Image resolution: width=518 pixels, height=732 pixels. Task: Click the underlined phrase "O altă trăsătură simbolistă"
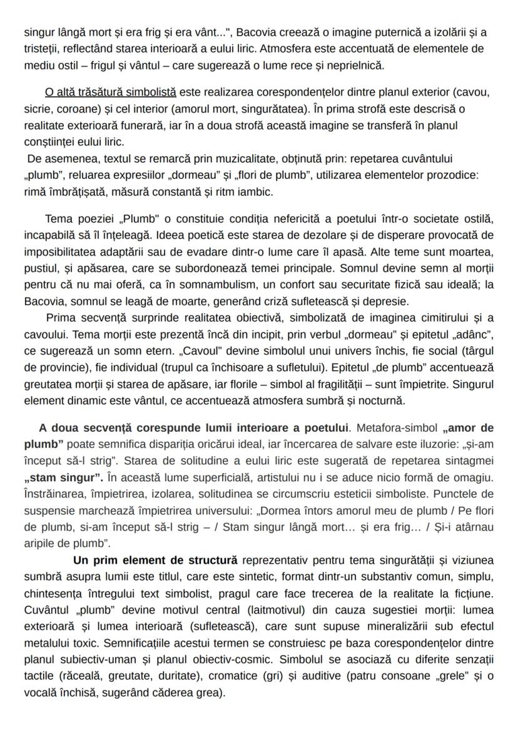tap(111, 93)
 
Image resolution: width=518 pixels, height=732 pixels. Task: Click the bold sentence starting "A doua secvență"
tap(193, 428)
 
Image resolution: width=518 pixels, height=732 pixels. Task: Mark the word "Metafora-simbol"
tap(396, 428)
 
